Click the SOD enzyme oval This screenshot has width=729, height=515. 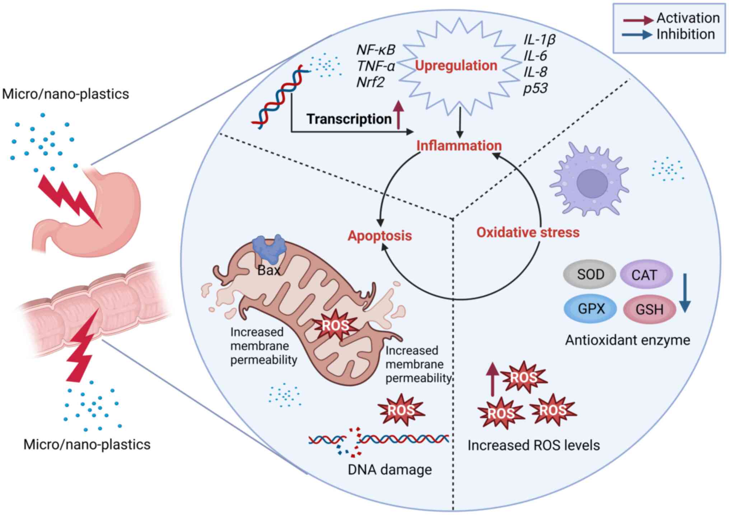pos(590,275)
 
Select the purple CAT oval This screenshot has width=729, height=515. pos(646,275)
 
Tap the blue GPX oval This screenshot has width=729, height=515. pos(590,308)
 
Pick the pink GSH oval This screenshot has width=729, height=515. pos(649,309)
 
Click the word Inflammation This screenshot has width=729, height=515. pos(459,145)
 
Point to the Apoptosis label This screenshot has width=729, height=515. pos(380,236)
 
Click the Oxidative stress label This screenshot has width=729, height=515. pos(528,232)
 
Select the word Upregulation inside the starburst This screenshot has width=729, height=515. pos(456,66)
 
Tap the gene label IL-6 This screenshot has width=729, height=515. pos(535,56)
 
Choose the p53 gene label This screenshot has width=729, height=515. pos(535,88)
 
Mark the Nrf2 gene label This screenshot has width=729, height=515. pos(370,82)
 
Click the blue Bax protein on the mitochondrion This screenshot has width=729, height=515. pos(269,248)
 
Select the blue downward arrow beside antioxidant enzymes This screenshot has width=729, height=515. pos(684,293)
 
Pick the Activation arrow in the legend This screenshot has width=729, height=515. pos(638,20)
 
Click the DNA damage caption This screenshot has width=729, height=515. pos(390,470)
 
